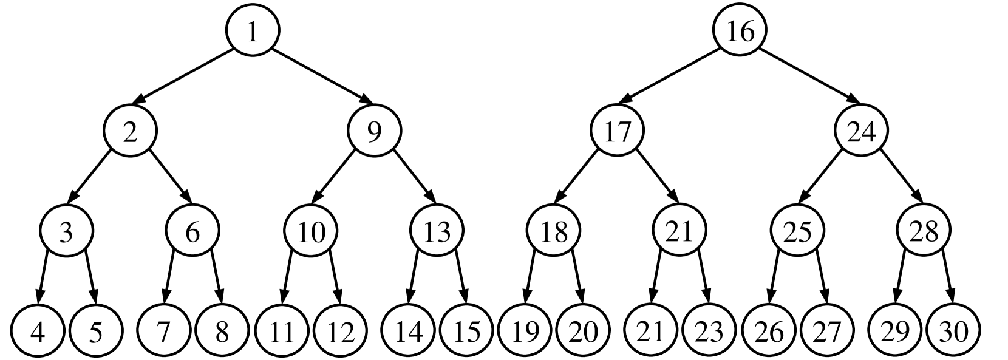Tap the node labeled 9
click(x=375, y=131)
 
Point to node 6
click(x=192, y=232)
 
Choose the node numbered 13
click(x=437, y=232)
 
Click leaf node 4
click(x=38, y=331)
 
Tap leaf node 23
click(x=709, y=331)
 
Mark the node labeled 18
click(x=554, y=232)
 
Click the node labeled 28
click(x=924, y=232)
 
